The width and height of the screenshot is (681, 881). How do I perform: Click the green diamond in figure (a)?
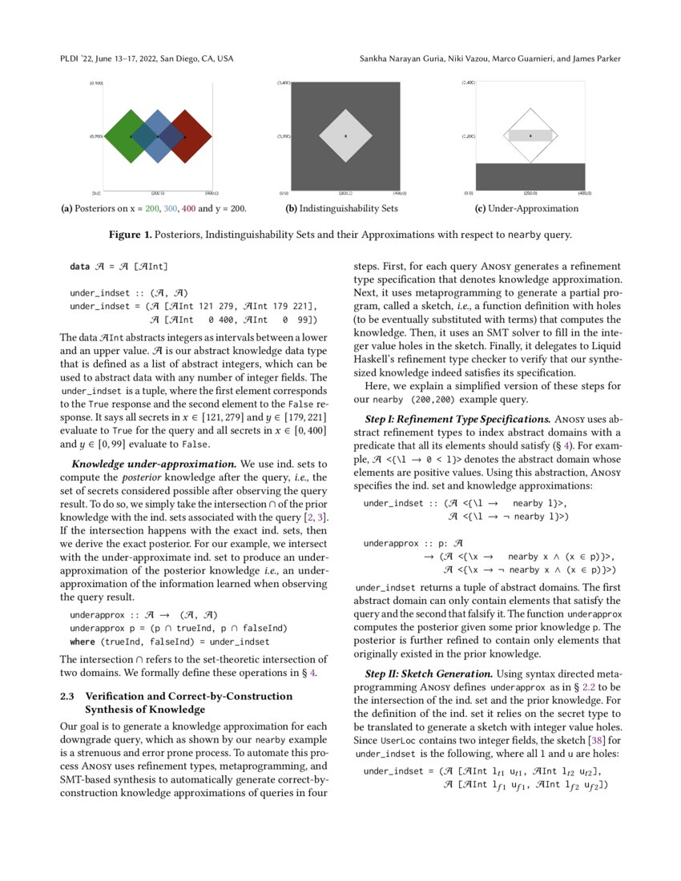tap(120, 137)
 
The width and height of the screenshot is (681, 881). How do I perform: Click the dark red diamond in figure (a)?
tap(196, 137)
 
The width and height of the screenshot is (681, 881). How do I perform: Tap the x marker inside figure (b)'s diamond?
tap(345, 136)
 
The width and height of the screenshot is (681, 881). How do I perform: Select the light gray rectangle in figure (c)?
tap(530, 136)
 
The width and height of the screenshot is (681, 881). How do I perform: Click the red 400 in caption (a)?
tap(188, 208)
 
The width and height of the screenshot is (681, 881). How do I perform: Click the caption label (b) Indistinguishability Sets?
tap(341, 208)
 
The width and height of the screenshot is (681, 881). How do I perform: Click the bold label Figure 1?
tap(132, 235)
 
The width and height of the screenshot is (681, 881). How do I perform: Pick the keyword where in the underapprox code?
tap(83, 642)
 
